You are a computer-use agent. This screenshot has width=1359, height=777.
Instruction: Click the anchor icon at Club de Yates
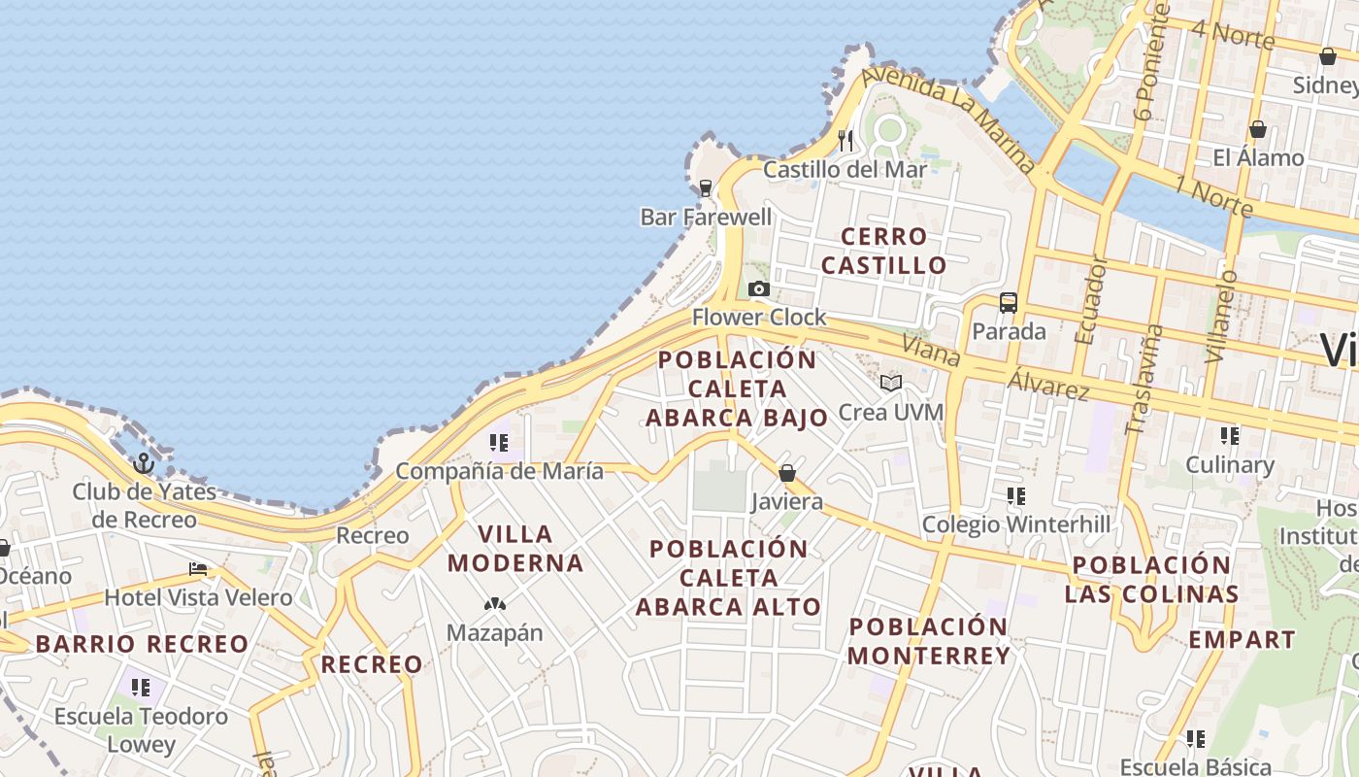pos(145,463)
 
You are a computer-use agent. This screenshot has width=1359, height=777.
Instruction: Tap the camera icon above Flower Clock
pos(759,288)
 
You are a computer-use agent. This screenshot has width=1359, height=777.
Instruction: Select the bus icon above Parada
pos(1009,302)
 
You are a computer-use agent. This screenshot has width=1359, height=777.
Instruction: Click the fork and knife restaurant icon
pos(845,141)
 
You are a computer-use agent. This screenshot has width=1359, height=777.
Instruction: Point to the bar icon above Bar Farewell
pos(706,187)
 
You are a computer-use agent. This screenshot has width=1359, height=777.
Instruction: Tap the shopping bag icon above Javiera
pos(787,473)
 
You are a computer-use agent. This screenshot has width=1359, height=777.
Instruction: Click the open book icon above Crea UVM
pos(891,383)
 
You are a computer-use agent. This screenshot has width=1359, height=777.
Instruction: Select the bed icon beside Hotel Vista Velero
pos(198,568)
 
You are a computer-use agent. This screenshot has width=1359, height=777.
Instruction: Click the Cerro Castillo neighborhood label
pos(883,251)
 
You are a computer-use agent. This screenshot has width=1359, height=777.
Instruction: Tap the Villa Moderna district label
pos(514,548)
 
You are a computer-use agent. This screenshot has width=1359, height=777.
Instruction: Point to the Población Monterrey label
pos(929,641)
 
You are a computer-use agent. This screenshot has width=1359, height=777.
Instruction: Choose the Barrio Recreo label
pos(143,644)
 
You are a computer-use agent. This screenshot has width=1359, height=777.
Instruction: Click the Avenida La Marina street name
pos(949,119)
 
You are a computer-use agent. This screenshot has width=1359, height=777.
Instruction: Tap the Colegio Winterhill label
pos(1015,524)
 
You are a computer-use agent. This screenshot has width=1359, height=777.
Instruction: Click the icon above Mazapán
pos(495,604)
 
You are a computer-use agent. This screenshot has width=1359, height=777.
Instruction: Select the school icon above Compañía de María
pos(499,444)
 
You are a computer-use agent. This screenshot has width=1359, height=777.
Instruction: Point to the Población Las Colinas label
pos(1151,579)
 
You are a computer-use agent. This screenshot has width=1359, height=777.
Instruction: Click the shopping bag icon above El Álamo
pos(1258,128)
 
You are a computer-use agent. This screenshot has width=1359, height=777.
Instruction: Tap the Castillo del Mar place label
pos(845,169)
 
